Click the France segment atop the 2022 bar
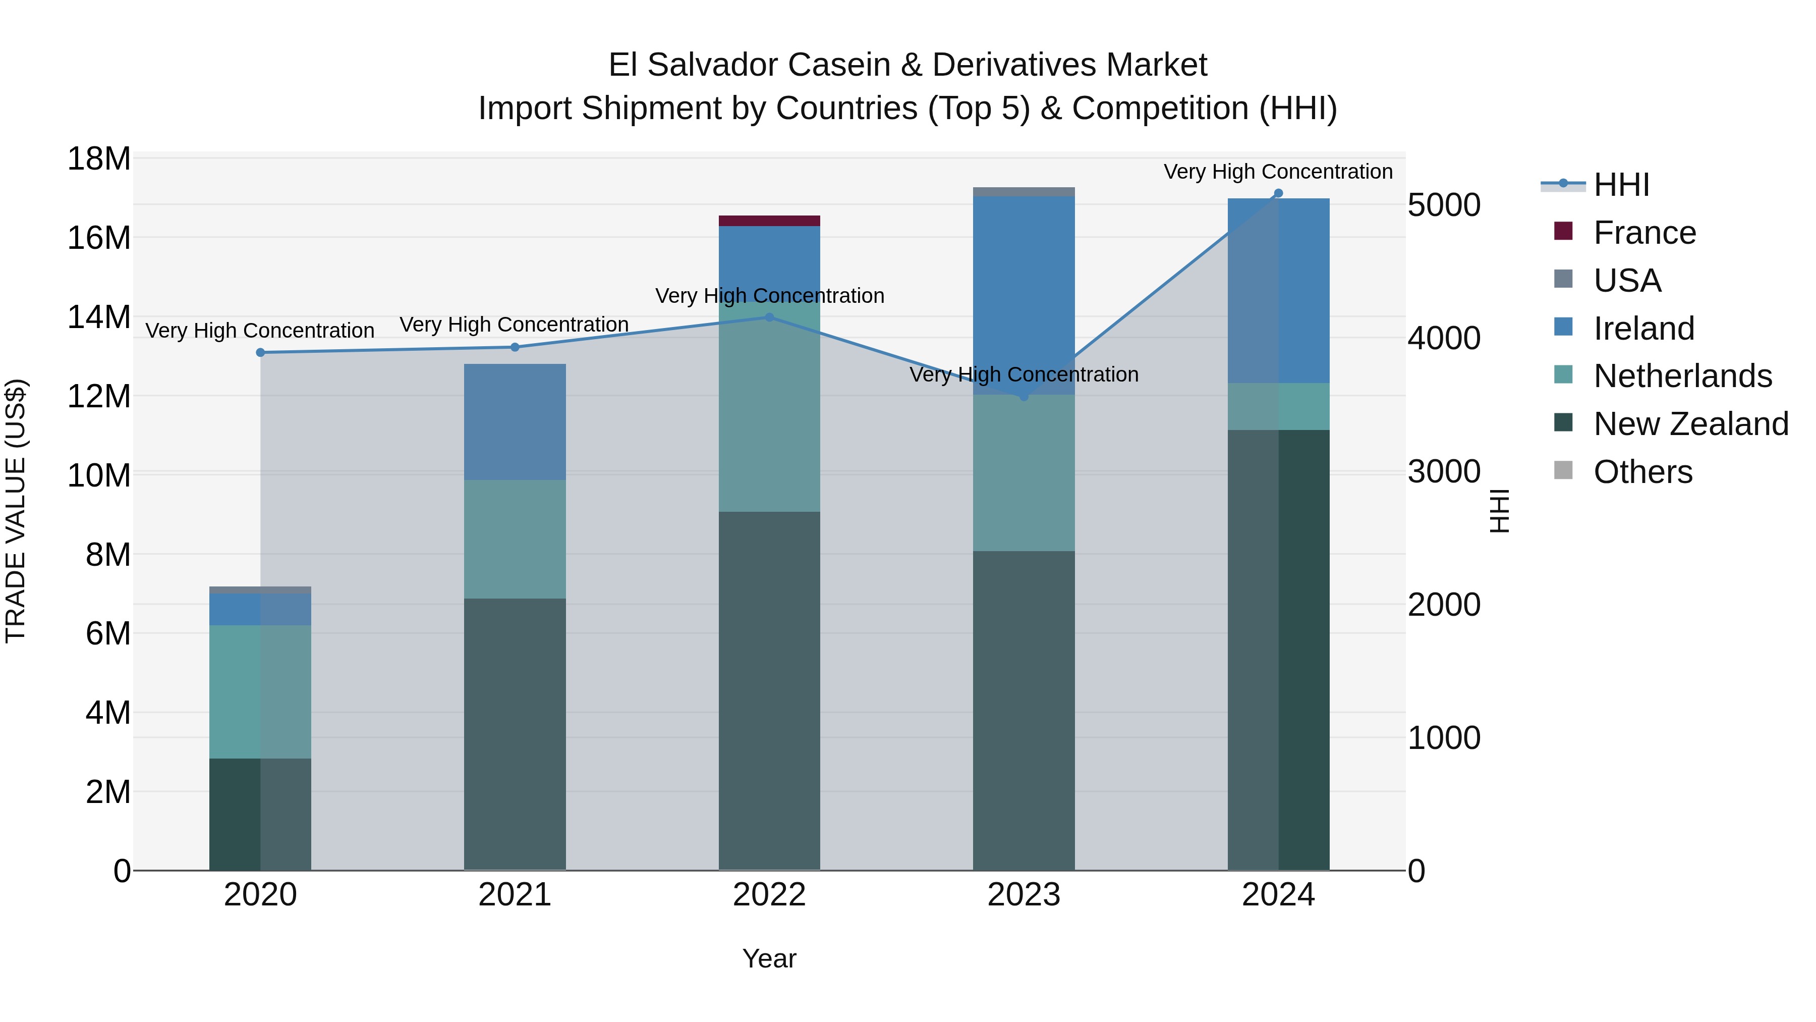769,221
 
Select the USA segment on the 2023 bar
1024,192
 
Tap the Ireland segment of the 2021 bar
515,422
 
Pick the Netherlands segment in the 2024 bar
1278,406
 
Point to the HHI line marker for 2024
1278,193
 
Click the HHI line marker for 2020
260,353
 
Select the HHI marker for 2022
769,317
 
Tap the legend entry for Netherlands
1682,376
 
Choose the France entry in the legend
1644,233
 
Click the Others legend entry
1642,472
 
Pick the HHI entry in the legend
1621,185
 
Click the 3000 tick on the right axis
1444,471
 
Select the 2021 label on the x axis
515,895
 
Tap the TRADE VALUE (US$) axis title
16,511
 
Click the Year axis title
769,958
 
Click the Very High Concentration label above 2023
1024,374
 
